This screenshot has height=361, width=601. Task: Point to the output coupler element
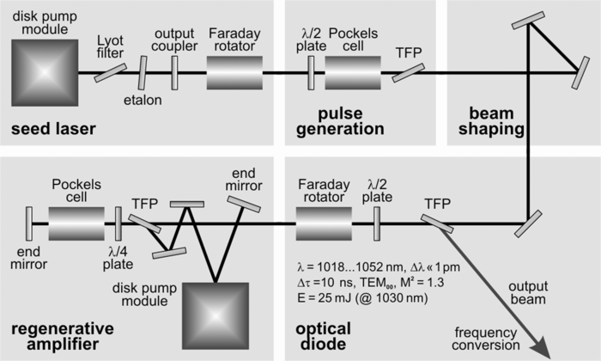click(174, 71)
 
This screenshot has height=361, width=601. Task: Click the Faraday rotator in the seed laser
click(234, 71)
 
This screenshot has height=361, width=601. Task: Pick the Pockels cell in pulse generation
click(352, 71)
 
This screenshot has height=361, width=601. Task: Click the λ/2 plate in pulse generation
click(312, 71)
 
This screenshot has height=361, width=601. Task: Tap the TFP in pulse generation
click(403, 72)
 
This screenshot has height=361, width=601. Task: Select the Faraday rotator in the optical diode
click(324, 225)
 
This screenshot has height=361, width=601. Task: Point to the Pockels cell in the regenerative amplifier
click(76, 224)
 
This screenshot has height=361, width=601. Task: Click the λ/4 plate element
click(118, 224)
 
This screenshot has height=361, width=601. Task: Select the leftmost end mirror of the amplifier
click(29, 224)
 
